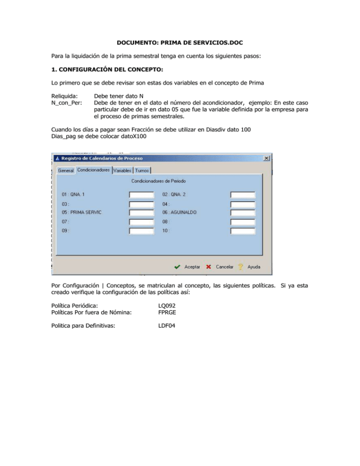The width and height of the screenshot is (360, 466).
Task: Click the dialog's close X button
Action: point(267,158)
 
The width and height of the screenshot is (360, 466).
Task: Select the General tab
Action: point(66,171)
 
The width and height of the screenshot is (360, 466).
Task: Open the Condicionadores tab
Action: point(94,170)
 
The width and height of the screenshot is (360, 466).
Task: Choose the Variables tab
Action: point(122,171)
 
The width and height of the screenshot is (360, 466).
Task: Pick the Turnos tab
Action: point(142,171)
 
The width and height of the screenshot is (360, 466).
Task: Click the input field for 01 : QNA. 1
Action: point(142,195)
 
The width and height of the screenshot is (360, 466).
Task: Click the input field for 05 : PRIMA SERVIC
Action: point(142,213)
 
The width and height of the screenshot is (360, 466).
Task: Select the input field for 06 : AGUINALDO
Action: point(243,213)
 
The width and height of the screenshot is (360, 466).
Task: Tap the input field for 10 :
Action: point(243,231)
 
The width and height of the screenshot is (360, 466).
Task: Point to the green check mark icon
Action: point(177,267)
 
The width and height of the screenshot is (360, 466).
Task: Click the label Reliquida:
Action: point(65,96)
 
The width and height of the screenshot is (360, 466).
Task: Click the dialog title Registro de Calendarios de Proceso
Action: point(102,158)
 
